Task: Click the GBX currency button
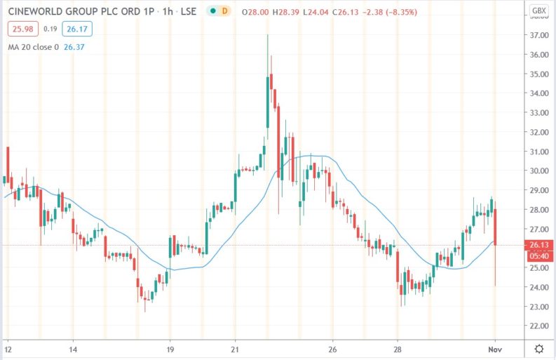538,11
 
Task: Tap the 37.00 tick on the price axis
538,35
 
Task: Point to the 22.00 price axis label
538,326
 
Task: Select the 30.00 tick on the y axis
538,171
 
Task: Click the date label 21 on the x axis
236,349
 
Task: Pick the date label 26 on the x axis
333,349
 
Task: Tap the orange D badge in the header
223,11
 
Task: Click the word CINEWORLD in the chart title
32,11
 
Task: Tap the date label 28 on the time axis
398,349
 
